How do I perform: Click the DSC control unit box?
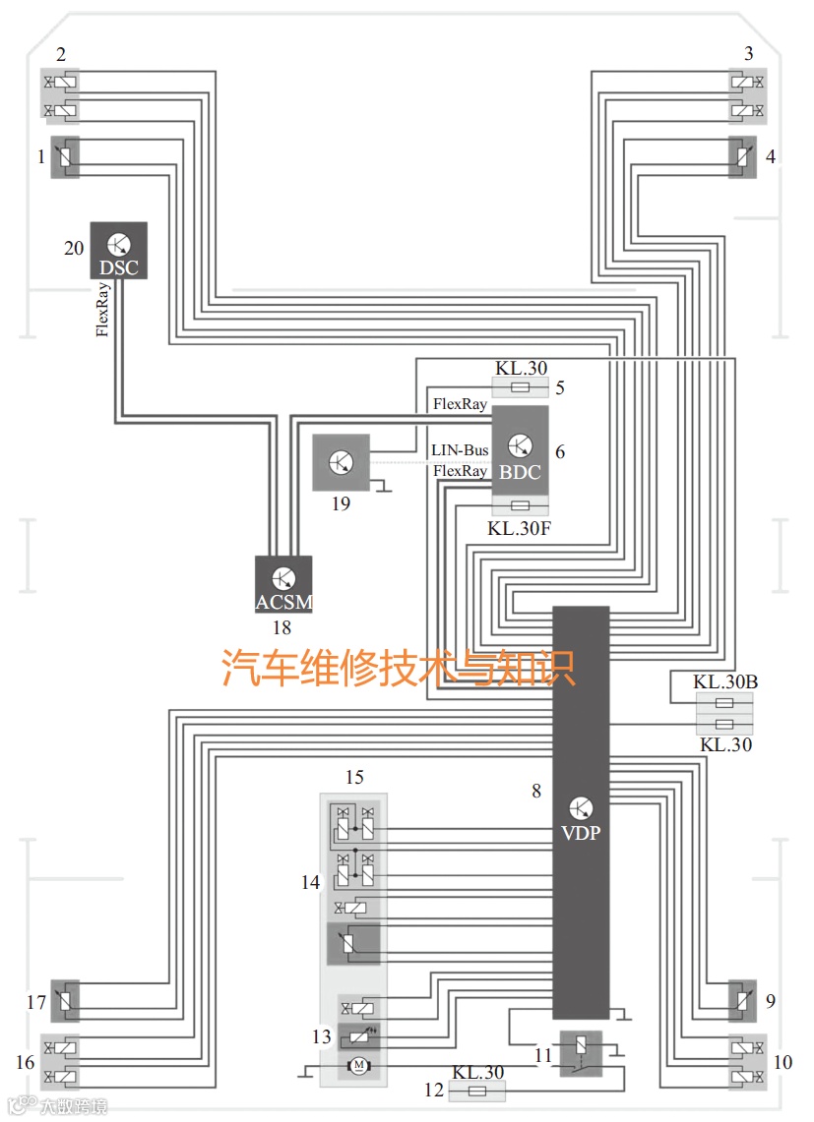(119, 250)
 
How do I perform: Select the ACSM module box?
(283, 584)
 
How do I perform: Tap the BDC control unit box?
(520, 450)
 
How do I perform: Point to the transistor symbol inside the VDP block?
(581, 808)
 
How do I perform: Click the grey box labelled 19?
(341, 462)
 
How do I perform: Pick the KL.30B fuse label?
(724, 681)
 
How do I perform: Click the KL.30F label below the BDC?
(521, 528)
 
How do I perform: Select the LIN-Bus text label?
(460, 450)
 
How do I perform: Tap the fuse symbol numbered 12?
(477, 1091)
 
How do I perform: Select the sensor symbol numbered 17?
(65, 1001)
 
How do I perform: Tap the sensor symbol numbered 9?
(743, 1001)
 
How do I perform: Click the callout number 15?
(354, 778)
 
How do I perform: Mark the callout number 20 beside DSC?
(74, 248)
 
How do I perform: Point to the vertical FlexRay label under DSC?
(102, 310)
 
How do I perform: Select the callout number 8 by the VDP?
(536, 790)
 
